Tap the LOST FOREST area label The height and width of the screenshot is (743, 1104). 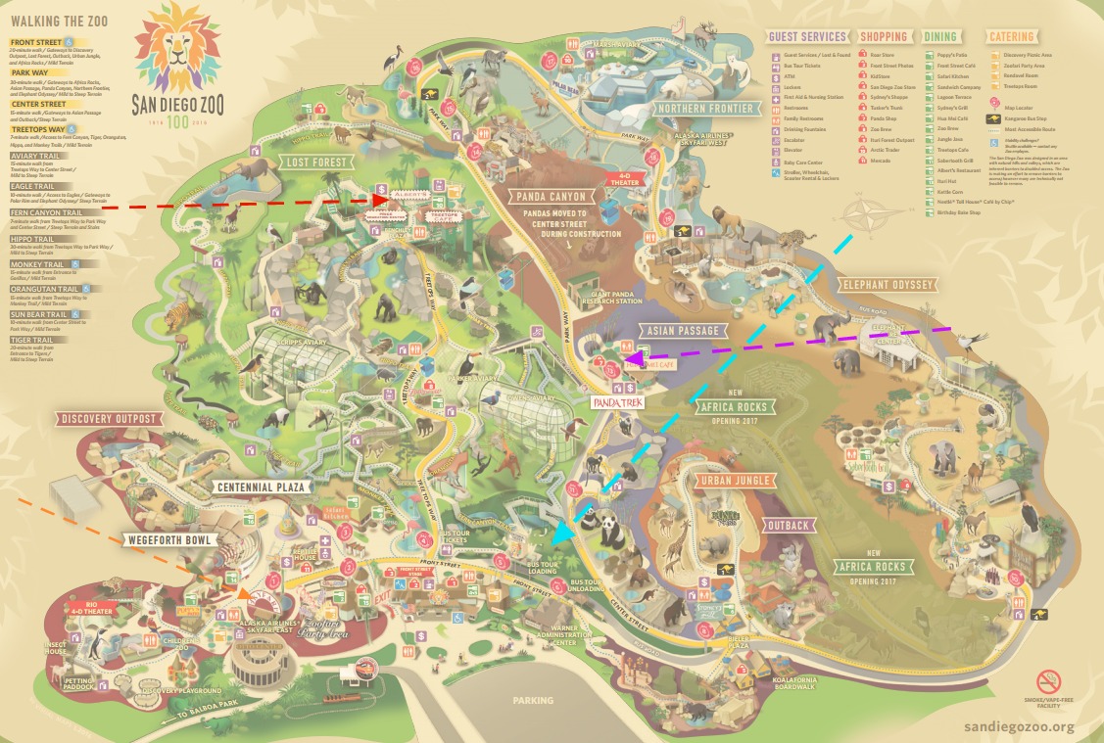[312, 162]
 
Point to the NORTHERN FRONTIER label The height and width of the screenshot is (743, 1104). [705, 108]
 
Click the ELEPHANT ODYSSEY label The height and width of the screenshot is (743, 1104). [888, 285]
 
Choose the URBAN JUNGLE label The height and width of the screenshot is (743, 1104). [735, 481]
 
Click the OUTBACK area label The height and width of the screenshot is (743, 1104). [788, 526]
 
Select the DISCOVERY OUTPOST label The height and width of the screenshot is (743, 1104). [107, 419]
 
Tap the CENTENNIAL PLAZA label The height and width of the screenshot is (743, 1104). [264, 487]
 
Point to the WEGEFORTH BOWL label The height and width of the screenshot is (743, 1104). [168, 539]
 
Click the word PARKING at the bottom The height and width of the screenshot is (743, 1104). [533, 700]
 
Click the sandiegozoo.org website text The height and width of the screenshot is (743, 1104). [1019, 726]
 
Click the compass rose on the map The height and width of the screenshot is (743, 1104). [861, 210]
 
